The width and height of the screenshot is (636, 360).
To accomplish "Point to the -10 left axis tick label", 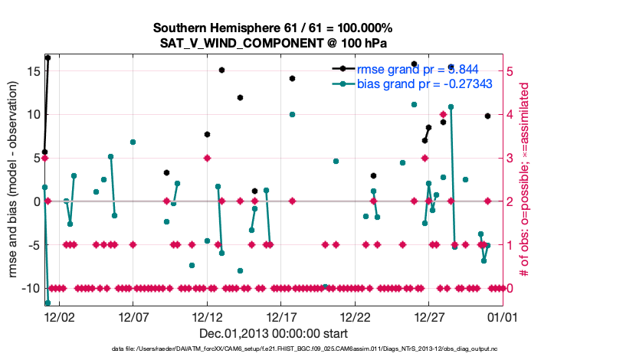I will click(28, 288).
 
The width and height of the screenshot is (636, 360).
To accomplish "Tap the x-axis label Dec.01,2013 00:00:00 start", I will click(274, 333).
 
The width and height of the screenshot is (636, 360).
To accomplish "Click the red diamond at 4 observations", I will click(443, 114).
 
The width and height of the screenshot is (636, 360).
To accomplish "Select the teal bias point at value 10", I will click(292, 114).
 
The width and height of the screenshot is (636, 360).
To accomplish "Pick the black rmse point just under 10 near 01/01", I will click(487, 116).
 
